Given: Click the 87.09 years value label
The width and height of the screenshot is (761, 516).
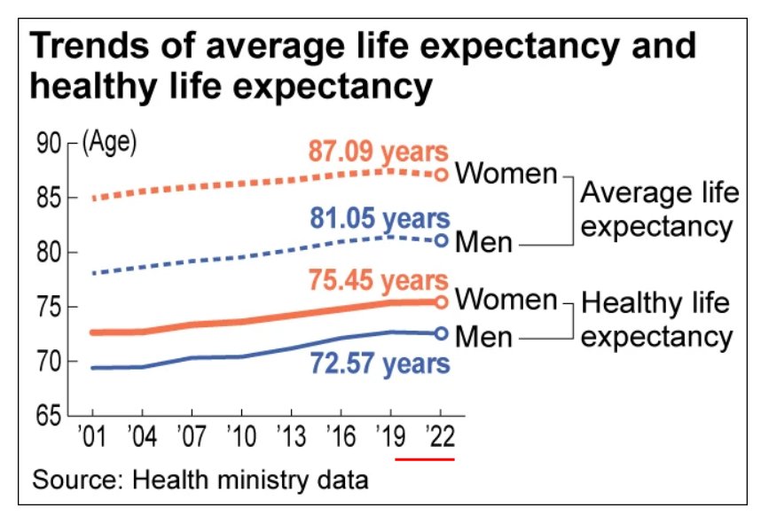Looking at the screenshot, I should [379, 152].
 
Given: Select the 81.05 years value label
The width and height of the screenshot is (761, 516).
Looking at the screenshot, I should [380, 218].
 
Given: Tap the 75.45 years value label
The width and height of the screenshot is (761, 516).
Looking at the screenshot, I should [379, 280].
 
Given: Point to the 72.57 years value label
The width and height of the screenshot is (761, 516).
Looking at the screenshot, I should [380, 363].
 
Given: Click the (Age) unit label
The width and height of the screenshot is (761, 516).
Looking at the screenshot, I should [109, 143].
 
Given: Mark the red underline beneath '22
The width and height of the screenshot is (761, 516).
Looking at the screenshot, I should [425, 458].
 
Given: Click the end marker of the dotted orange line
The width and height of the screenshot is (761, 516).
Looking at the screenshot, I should [441, 174].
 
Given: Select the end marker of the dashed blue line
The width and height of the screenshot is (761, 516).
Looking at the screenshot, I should [441, 240].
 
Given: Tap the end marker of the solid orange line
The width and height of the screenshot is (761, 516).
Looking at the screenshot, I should [441, 302].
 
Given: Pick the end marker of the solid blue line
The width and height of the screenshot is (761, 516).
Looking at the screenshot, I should [441, 333].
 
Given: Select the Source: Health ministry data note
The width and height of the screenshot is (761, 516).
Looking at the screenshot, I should [200, 481].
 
